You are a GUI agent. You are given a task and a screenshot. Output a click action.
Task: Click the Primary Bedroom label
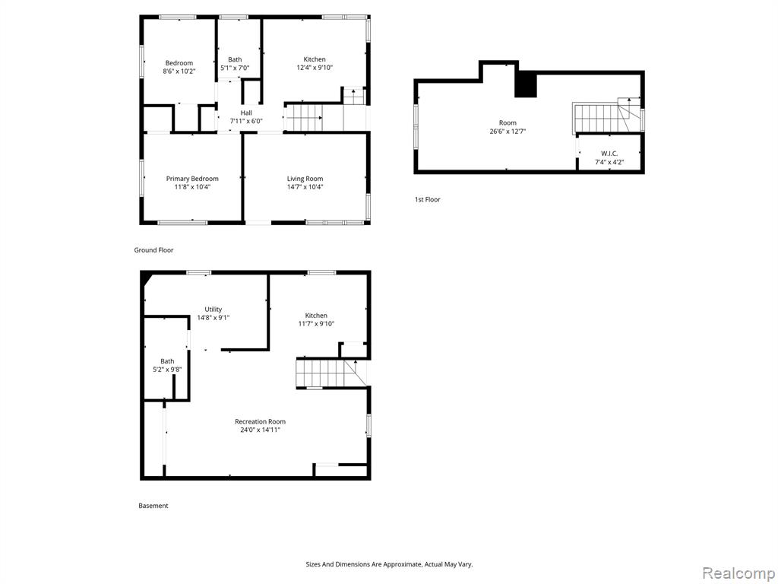point(192,179)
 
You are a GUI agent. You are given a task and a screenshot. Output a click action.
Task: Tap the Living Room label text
point(305,179)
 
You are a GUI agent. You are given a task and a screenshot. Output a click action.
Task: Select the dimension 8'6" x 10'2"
point(179,71)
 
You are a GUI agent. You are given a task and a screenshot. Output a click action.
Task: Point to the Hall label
point(246,113)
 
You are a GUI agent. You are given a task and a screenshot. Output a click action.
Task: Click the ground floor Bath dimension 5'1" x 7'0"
point(235,68)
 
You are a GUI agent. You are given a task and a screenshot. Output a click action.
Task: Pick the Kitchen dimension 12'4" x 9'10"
point(315,68)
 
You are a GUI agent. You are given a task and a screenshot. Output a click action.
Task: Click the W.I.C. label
point(609,154)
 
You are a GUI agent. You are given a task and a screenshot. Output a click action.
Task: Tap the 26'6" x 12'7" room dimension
point(508,132)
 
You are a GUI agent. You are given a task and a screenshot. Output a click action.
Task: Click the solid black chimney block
point(526,84)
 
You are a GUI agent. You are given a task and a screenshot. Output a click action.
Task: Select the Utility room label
point(213,309)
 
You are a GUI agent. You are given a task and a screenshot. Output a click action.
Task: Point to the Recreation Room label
point(260,421)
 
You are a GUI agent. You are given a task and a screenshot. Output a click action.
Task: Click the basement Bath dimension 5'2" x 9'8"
point(167,370)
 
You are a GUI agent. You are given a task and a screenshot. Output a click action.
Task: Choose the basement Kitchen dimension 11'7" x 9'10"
point(316,324)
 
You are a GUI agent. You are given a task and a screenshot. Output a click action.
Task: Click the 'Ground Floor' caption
point(153,250)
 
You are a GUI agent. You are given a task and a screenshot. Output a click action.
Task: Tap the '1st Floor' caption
point(427,200)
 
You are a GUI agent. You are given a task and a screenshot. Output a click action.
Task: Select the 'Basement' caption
point(153,506)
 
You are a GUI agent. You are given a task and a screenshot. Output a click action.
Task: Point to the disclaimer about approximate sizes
point(389,564)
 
